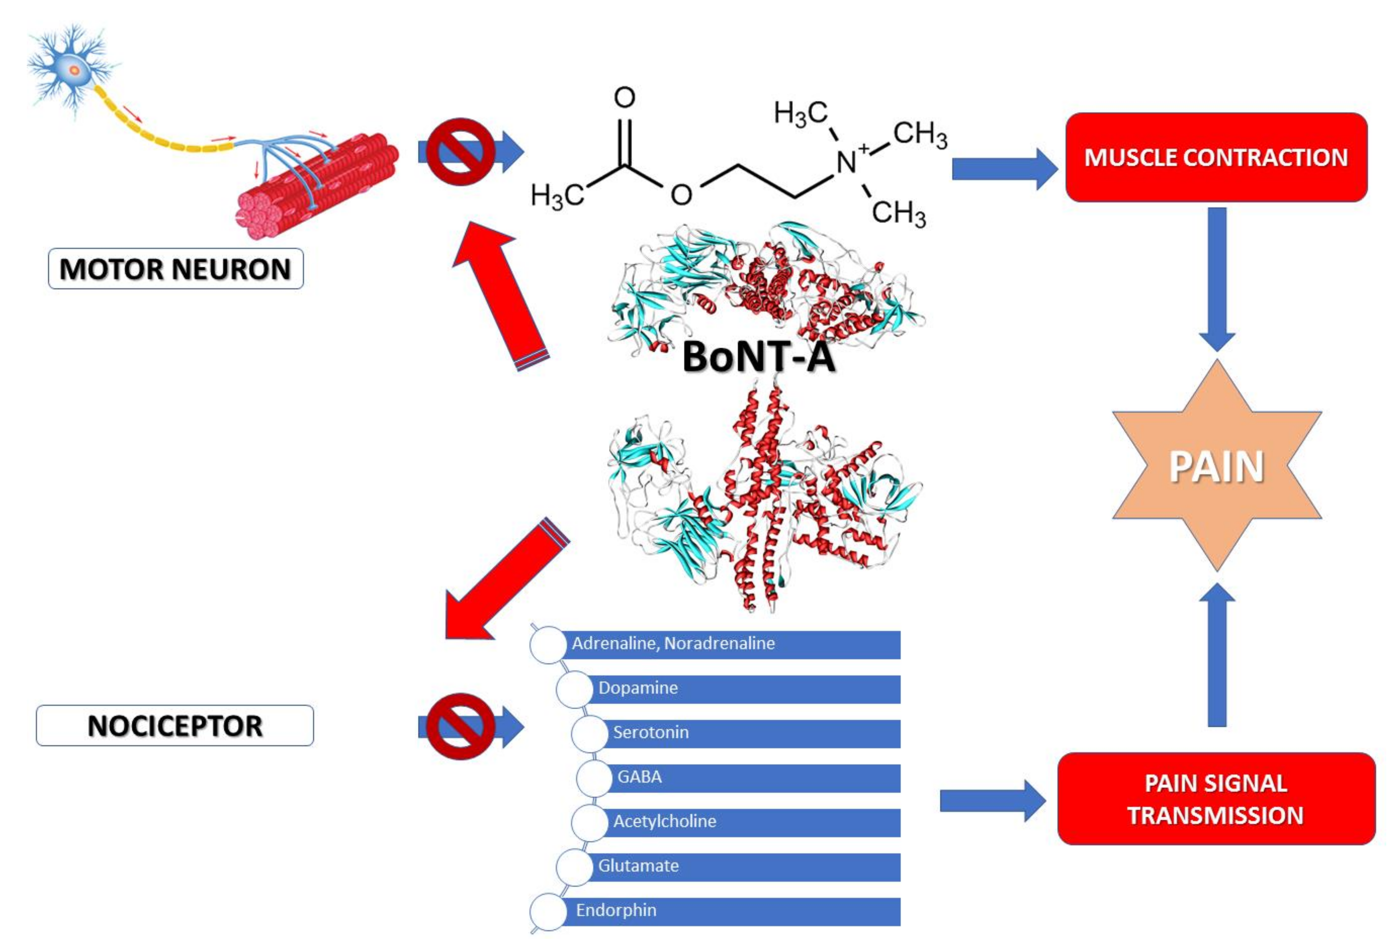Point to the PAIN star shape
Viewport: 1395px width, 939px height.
(1217, 465)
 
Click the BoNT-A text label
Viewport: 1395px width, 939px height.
(758, 357)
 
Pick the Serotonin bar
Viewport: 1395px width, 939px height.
(736, 734)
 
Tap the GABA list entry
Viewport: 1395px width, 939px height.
(738, 778)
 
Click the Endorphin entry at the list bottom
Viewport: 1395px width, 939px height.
(715, 911)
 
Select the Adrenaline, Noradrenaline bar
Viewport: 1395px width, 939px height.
(715, 644)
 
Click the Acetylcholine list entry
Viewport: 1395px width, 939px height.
(736, 822)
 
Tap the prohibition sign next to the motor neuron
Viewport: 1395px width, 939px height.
(460, 152)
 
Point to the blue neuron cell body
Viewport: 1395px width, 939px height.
(74, 70)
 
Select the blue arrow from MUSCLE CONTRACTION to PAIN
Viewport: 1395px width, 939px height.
(1217, 279)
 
